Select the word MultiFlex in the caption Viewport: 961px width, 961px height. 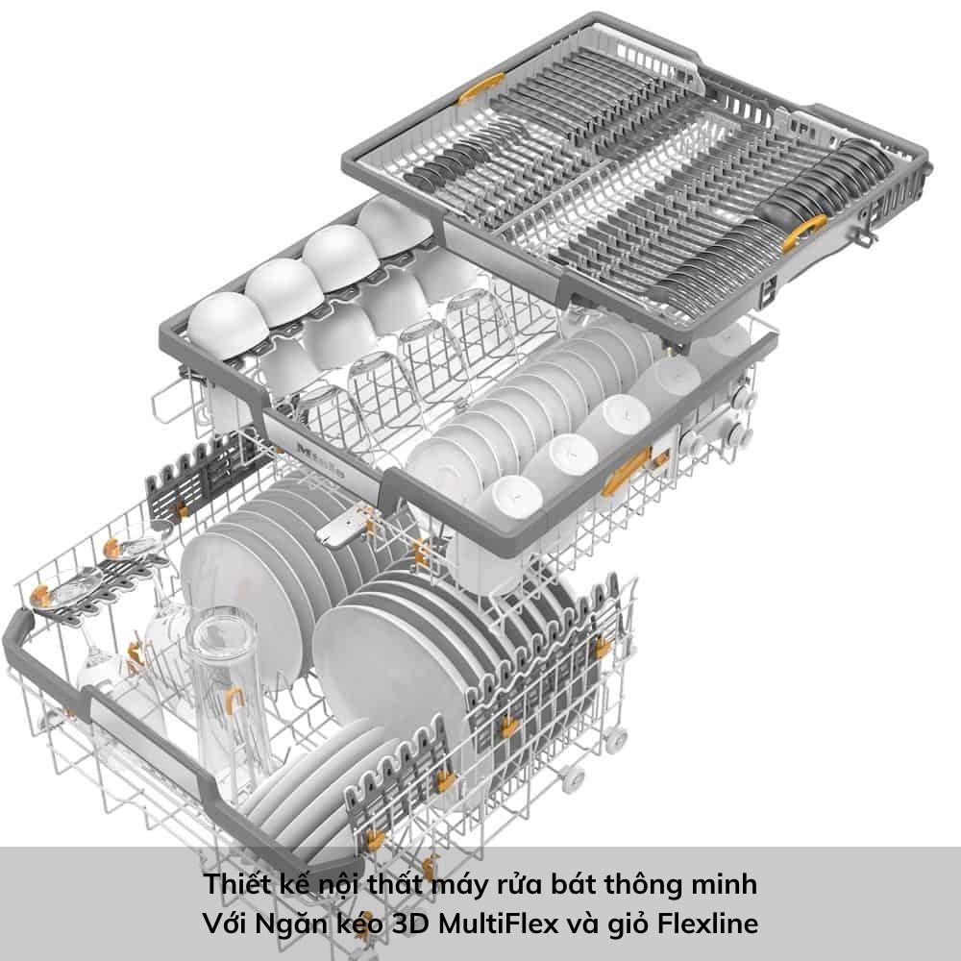[x=498, y=923]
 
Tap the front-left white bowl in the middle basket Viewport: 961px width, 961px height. [x=227, y=325]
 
